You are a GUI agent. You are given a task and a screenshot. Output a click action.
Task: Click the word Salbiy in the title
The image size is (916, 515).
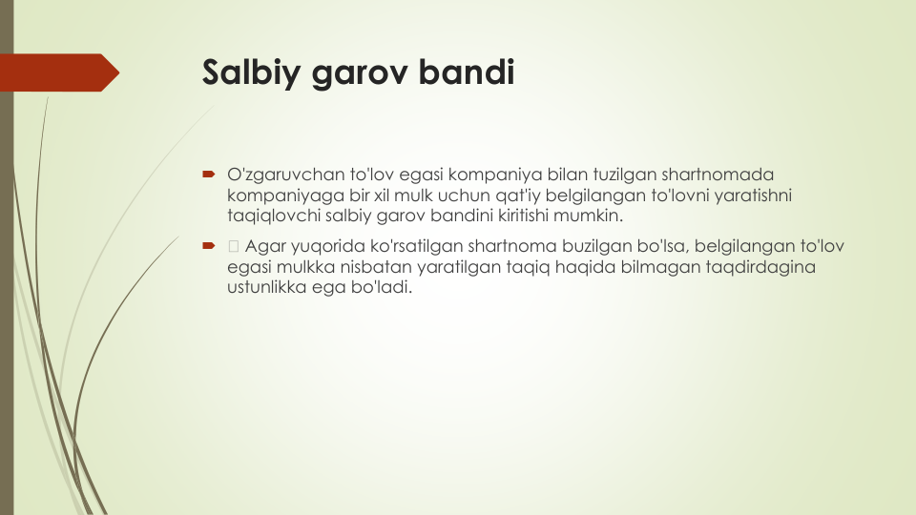[251, 73]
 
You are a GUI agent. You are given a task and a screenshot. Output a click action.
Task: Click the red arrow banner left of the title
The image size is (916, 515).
[59, 72]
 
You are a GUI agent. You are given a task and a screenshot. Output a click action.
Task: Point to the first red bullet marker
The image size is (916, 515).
[209, 174]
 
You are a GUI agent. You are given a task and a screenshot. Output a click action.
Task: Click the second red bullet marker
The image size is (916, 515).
[209, 246]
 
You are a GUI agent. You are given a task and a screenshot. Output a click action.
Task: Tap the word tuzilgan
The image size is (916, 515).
[624, 175]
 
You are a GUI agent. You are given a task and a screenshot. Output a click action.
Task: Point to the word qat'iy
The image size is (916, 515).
[517, 195]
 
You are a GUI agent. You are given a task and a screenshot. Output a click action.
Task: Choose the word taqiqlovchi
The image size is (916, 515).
[274, 216]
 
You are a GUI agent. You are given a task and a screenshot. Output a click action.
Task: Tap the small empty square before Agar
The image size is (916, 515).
[234, 246]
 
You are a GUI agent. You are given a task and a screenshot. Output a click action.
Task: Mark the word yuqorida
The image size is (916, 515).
[328, 246]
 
